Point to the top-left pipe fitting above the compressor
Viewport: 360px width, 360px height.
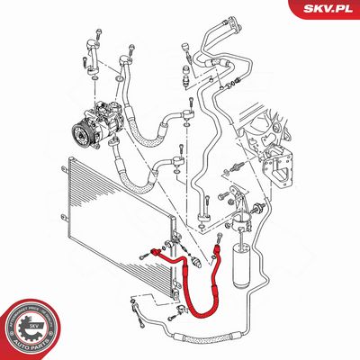pyautogui.click(x=93, y=42)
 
